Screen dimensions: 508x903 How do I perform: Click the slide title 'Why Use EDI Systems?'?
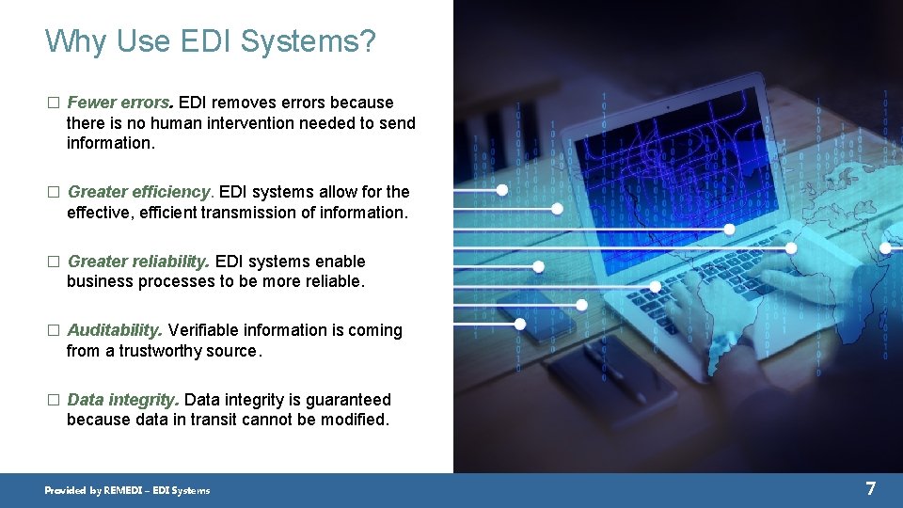(210, 41)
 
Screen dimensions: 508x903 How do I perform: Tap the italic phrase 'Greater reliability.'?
(139, 262)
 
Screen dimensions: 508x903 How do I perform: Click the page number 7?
(870, 488)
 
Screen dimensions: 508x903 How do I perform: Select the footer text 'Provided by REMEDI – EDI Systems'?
(128, 490)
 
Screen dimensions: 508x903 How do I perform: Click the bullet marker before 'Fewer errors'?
(53, 103)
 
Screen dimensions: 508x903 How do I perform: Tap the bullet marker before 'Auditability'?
(53, 331)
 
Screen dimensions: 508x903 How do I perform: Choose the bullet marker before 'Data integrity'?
(53, 400)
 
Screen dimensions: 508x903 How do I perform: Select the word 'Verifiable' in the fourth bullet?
(203, 330)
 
